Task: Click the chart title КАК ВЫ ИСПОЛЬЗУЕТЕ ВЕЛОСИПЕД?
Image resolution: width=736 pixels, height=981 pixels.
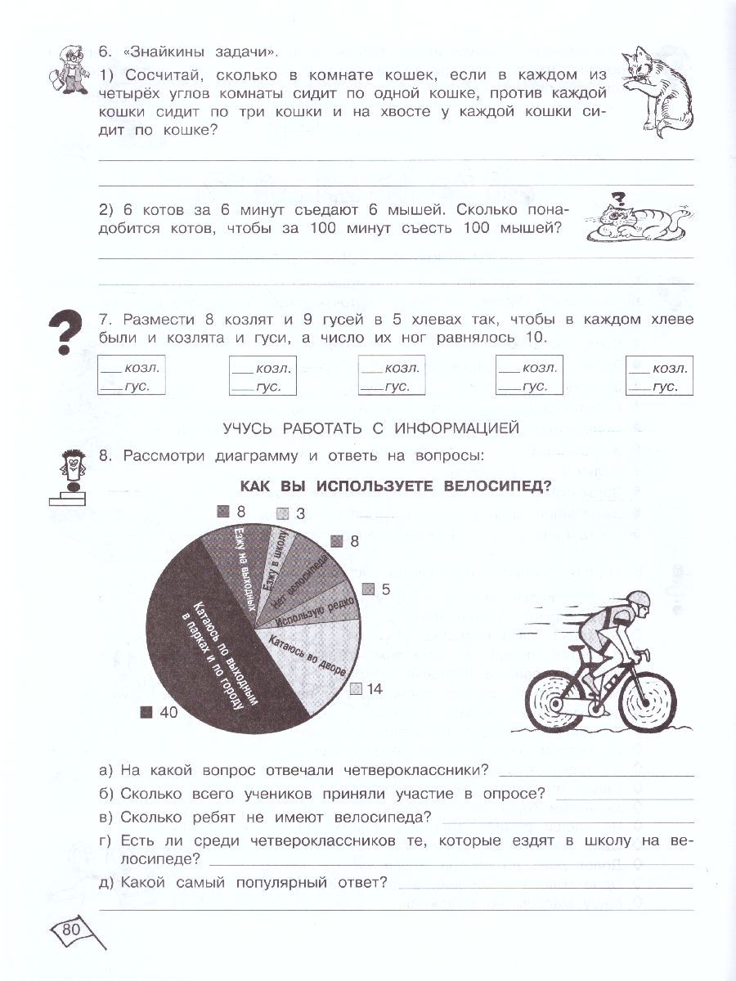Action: click(395, 486)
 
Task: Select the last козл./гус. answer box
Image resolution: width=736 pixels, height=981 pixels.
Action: click(659, 377)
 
